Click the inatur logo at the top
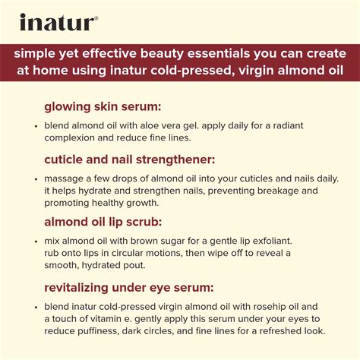coord(58,22)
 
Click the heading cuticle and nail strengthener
coord(130,159)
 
